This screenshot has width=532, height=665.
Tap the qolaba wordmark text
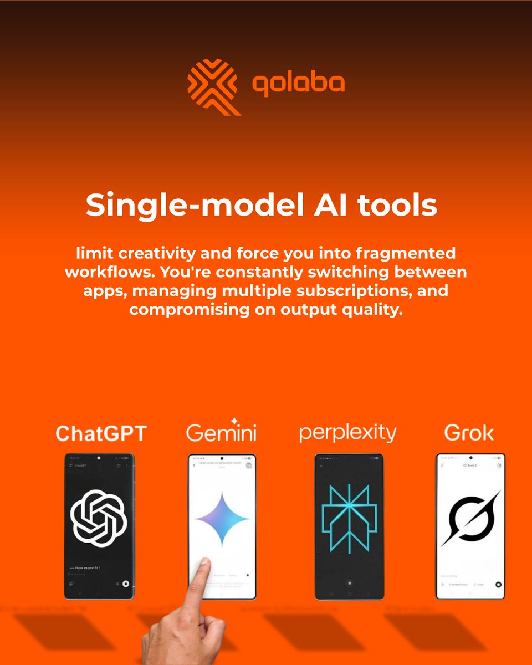[298, 84]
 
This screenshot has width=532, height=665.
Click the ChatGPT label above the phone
[101, 433]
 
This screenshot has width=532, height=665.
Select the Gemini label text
[221, 433]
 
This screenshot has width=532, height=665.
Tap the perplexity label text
[347, 433]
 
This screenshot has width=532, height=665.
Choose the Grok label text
[469, 433]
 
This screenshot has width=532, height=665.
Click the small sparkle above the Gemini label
[234, 421]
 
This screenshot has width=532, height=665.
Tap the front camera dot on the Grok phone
[470, 458]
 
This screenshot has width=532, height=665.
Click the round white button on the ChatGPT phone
[126, 583]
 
